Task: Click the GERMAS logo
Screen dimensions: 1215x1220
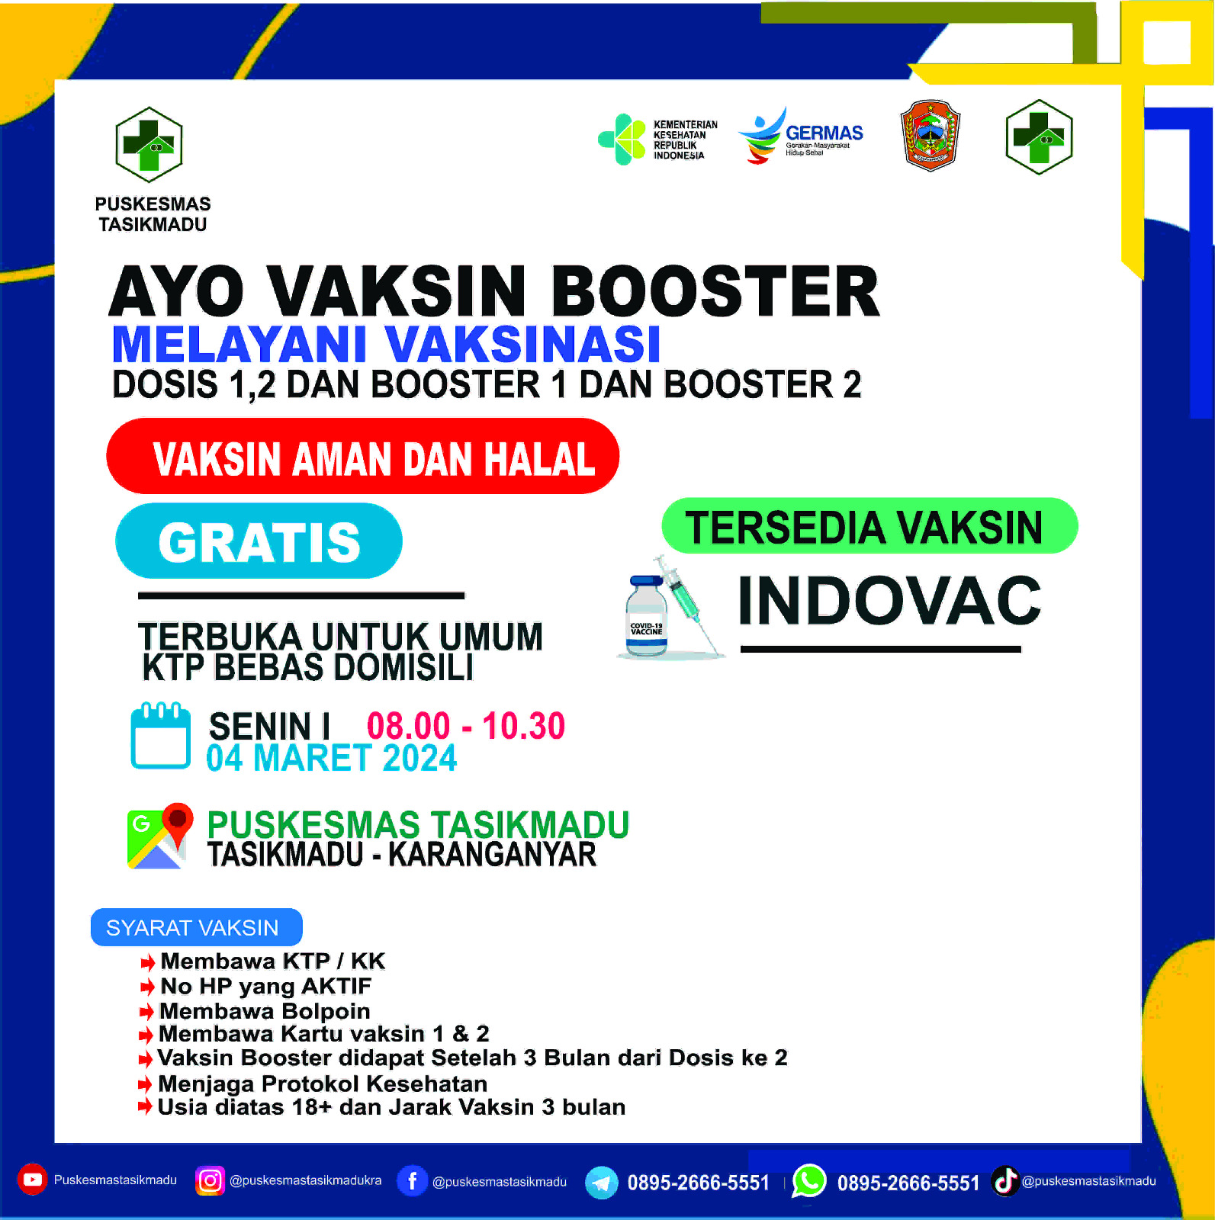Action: point(800,135)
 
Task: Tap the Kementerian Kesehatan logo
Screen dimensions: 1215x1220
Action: point(657,139)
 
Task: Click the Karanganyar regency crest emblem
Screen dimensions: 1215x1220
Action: point(930,135)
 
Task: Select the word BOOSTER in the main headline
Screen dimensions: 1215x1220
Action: point(715,291)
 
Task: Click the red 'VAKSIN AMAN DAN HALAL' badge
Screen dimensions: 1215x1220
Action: point(362,456)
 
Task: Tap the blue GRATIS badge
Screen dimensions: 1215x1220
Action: point(259,541)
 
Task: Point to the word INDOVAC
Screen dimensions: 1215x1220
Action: point(889,600)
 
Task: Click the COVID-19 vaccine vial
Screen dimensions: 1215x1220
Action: point(647,616)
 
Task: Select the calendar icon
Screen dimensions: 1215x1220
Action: point(160,735)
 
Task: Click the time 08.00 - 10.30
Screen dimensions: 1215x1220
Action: point(466,725)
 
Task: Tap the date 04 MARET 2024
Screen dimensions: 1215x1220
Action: point(331,758)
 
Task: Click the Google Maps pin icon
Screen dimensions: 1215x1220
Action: point(159,836)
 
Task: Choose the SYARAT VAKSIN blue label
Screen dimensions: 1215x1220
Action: point(197,927)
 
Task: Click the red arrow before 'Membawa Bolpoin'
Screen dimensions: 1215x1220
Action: point(146,1012)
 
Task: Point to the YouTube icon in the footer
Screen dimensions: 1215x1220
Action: point(32,1180)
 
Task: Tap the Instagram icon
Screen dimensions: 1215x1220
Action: point(210,1180)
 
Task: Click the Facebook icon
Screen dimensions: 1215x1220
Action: point(412,1181)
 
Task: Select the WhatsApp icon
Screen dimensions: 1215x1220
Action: point(808,1181)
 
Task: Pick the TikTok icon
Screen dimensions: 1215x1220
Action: point(1005,1181)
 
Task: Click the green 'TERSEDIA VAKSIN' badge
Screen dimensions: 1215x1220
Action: point(869,526)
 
